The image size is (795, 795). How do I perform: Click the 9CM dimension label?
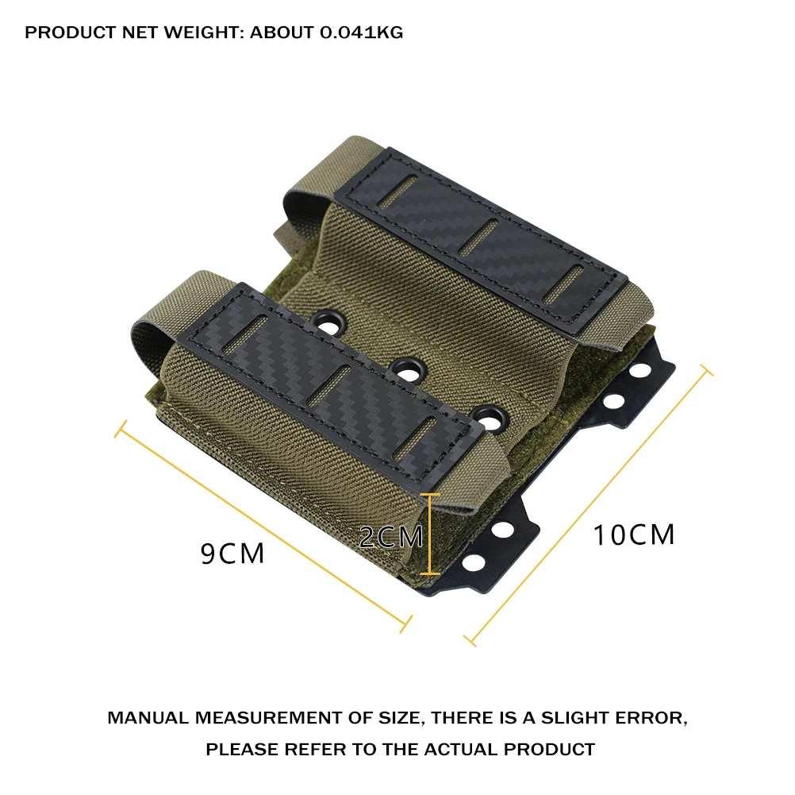(x=232, y=553)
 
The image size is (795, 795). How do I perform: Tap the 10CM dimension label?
(x=634, y=535)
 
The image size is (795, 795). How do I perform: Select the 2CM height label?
(x=391, y=537)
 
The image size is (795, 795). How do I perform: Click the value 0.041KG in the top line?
(x=362, y=33)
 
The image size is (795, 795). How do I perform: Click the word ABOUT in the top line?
(x=282, y=33)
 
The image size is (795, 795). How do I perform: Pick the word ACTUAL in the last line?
(x=461, y=749)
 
